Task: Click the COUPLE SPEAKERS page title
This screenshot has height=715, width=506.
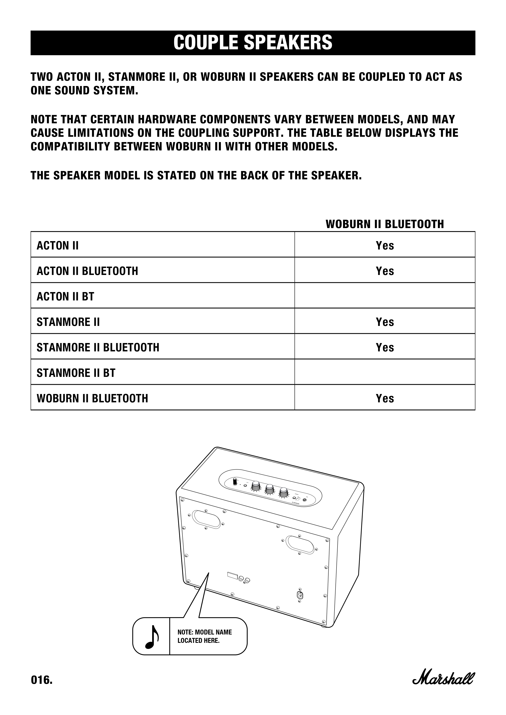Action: [x=253, y=43]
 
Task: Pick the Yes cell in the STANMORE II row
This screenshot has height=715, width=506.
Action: [x=385, y=322]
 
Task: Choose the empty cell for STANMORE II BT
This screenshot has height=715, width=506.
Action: [x=385, y=372]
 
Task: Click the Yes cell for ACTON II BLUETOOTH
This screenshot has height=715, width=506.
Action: [x=385, y=271]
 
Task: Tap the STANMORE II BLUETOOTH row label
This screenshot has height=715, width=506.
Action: [x=98, y=347]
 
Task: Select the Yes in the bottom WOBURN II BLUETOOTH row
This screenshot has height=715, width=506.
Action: [x=385, y=398]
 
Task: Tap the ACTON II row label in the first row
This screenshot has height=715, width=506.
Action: [x=58, y=245]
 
